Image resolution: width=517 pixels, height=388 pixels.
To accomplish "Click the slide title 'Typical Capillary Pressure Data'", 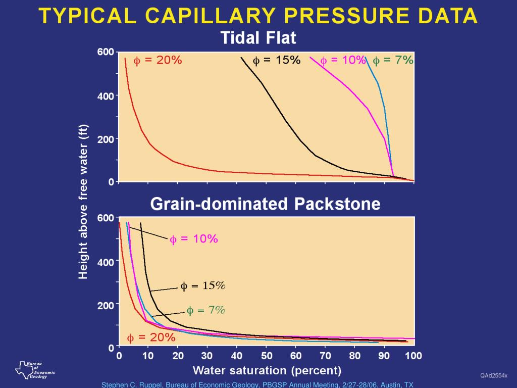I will click(x=258, y=16).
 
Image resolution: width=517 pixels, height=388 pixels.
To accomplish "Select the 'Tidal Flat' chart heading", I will click(x=258, y=38).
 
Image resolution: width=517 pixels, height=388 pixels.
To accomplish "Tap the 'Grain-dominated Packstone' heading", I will click(x=265, y=204).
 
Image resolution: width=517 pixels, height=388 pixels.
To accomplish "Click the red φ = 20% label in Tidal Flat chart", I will click(x=157, y=61).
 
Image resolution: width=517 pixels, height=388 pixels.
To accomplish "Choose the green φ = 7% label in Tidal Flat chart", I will click(x=393, y=61).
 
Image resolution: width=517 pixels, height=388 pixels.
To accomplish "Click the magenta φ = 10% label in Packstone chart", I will click(x=193, y=239).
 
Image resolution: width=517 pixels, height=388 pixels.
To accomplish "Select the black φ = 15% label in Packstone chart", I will click(x=203, y=286).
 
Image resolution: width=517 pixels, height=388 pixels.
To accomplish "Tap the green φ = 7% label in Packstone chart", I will click(x=205, y=310).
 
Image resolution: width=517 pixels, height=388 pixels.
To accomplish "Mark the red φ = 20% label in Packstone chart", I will click(x=151, y=337).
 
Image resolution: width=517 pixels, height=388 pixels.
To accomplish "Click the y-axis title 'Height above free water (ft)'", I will click(x=83, y=201).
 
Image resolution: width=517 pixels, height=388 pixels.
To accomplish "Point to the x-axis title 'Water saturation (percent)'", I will click(x=267, y=370).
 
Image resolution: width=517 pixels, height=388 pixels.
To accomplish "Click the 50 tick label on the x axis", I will click(x=267, y=356).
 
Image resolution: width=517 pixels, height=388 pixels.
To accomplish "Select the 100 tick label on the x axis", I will click(x=413, y=356).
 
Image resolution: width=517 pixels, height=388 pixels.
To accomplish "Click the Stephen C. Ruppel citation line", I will click(x=257, y=384).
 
